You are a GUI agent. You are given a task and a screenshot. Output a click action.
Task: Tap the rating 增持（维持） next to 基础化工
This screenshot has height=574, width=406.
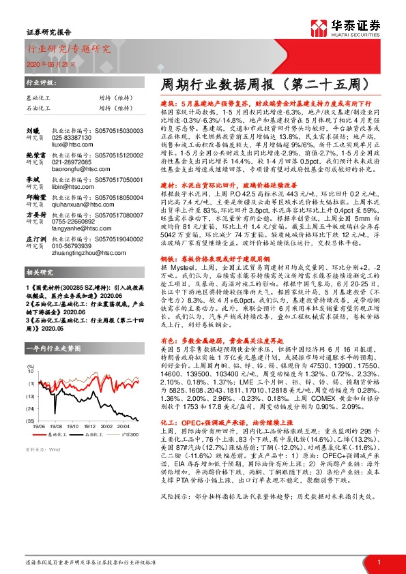click(x=113, y=97)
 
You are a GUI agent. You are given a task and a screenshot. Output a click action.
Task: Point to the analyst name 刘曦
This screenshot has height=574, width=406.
click(x=32, y=128)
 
